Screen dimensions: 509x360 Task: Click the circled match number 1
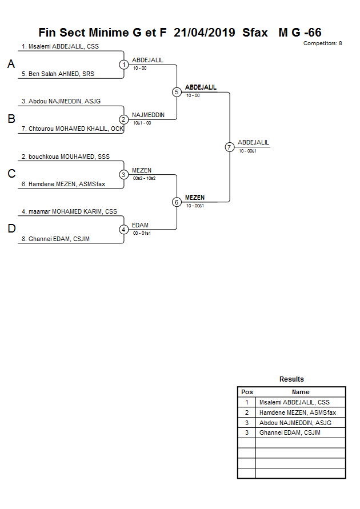pos(124,65)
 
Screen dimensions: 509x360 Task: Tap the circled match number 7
pos(230,147)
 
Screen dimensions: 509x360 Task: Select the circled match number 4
pos(124,230)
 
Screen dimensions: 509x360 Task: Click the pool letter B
pos(11,119)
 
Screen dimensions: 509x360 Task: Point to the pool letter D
pos(11,229)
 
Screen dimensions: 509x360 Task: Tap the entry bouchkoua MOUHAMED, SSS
pos(65,157)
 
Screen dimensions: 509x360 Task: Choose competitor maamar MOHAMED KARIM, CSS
pos(69,211)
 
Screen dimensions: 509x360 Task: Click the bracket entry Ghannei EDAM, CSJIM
pos(59,239)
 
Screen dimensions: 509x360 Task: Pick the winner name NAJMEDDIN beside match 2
pos(148,115)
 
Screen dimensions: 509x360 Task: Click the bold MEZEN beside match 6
pos(195,198)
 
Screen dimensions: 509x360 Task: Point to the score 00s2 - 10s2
pos(144,178)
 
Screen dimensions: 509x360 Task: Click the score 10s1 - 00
pos(142,123)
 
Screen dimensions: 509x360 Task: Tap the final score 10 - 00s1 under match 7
pos(247,151)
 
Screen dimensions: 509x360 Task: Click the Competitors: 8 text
pos(323,43)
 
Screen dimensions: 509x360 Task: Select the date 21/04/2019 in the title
pos(205,33)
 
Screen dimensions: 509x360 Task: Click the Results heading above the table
pos(291,379)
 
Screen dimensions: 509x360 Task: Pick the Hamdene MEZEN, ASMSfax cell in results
pos(297,412)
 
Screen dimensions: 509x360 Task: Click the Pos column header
pos(247,392)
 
